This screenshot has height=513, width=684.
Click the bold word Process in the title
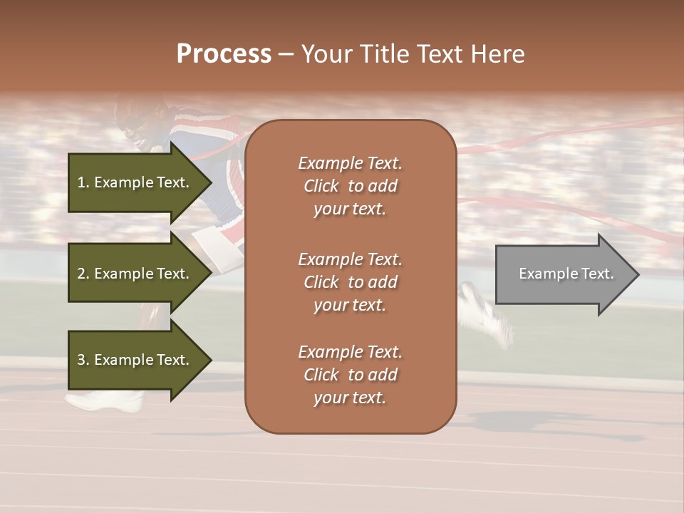coord(224,54)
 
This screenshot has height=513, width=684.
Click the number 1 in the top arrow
coord(81,182)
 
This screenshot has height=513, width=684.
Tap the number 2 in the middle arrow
coord(81,274)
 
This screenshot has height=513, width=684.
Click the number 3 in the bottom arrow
coord(81,360)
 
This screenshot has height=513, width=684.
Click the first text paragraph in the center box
coord(350,186)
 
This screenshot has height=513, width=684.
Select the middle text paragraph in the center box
coord(350,282)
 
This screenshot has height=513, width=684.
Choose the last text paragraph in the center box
coord(350,375)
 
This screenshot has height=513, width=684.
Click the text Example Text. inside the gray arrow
coord(566,274)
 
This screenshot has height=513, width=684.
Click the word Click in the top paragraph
coord(321,186)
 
